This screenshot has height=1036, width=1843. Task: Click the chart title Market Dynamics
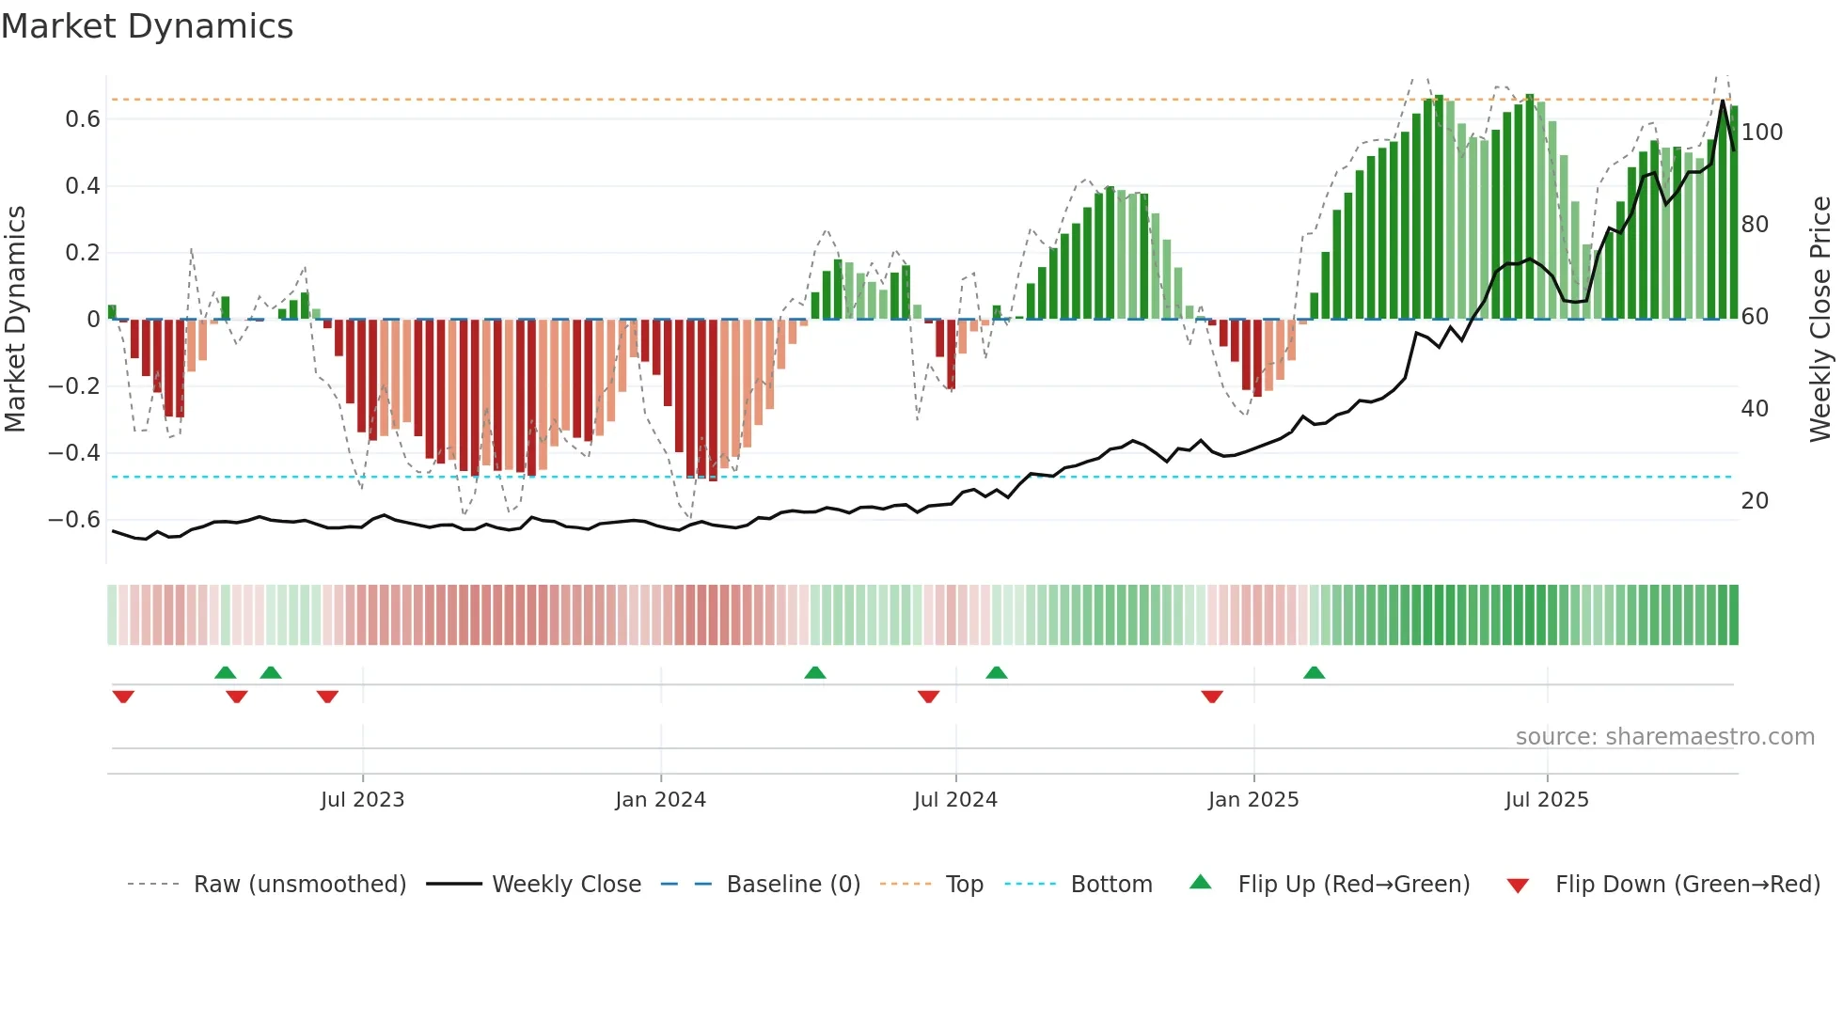point(147,26)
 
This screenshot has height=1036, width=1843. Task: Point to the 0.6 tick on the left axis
point(82,119)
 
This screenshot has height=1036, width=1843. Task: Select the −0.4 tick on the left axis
point(74,453)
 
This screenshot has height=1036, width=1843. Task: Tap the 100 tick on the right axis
point(1761,133)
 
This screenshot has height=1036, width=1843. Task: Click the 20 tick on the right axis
point(1754,501)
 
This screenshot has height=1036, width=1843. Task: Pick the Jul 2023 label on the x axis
point(362,800)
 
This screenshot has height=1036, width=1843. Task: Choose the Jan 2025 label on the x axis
point(1252,800)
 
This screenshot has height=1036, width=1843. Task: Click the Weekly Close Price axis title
point(1820,319)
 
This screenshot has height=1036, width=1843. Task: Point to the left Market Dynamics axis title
point(15,319)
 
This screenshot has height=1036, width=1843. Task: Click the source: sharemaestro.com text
point(1664,737)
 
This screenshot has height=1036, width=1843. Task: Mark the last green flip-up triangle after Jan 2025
point(1314,673)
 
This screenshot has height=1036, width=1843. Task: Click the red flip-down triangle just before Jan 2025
point(1211,697)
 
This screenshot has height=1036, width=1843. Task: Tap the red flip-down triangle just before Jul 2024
point(928,697)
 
